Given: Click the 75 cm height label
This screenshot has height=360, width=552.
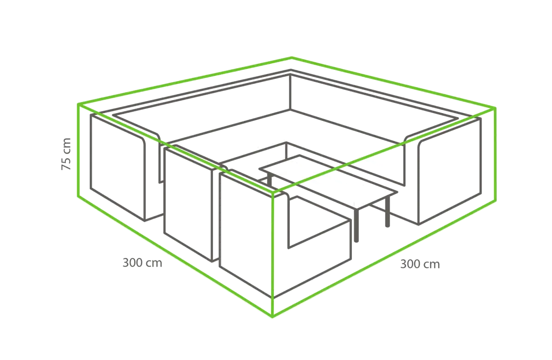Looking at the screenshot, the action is pos(66,154).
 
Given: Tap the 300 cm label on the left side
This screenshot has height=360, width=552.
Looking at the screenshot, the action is pos(143,263).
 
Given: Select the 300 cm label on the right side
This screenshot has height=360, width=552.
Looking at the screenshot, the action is pos(420,264).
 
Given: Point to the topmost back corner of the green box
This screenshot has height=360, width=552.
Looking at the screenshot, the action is pos(292,58).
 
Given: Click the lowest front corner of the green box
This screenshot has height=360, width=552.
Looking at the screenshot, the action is pos(272,317).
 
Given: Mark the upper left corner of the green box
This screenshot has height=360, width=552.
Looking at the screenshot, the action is pos(78,104).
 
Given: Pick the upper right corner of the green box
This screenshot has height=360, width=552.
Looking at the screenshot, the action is pos(495,108).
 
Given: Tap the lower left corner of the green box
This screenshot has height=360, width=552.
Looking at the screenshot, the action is pos(78,196).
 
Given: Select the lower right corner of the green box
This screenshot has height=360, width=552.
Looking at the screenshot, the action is pos(495,200).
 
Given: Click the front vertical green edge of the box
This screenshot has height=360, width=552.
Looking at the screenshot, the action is pos(272,254).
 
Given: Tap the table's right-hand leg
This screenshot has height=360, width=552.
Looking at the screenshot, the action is pos(388,211).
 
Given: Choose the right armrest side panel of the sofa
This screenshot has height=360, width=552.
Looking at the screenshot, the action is pos(449,171).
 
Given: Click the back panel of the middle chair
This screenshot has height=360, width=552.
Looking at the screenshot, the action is pos(188,205).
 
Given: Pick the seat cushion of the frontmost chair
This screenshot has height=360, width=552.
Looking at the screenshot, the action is pos(320,222).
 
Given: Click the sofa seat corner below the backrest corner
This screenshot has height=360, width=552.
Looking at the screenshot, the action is pos(290,109).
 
